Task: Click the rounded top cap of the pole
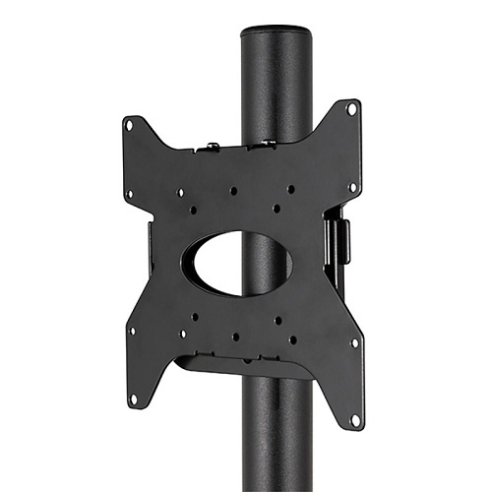[x=275, y=32]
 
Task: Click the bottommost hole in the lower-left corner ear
[x=132, y=399]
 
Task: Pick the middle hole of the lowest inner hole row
[x=236, y=337]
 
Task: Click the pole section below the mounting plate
[x=276, y=443]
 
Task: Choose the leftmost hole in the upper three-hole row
[x=181, y=193]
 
